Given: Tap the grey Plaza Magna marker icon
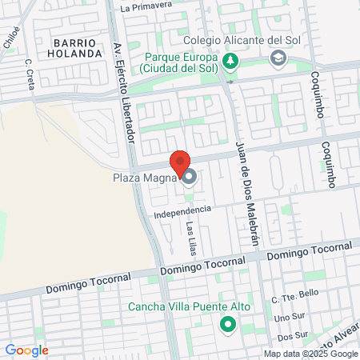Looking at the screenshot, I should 190,177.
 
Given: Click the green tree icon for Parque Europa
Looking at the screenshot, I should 230,61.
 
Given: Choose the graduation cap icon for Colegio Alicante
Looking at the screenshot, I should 278,58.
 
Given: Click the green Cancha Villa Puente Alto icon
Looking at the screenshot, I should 228,324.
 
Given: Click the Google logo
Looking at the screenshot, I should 26,350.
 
